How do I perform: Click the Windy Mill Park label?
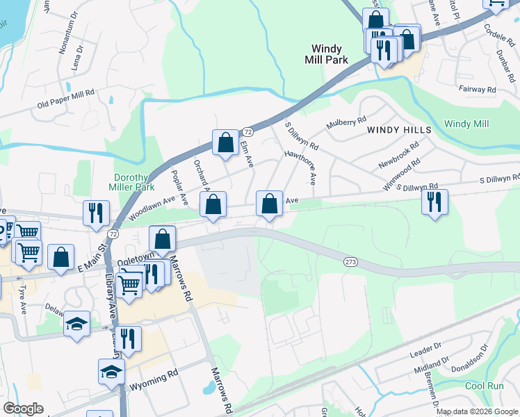point(326,54)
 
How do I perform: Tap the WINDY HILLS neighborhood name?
point(399,130)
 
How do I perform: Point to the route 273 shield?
point(350,261)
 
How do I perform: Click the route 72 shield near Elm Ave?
point(246,131)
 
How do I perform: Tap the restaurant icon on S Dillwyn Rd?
point(434,203)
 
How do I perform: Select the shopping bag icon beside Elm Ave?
point(225,143)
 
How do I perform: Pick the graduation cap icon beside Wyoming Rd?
point(111,373)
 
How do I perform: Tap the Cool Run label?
point(484,386)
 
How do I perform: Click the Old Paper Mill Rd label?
point(65,99)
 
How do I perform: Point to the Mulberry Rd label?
point(346,124)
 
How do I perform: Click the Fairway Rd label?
point(477,90)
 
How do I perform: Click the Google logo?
point(23,409)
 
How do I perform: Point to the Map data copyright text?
point(477,411)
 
